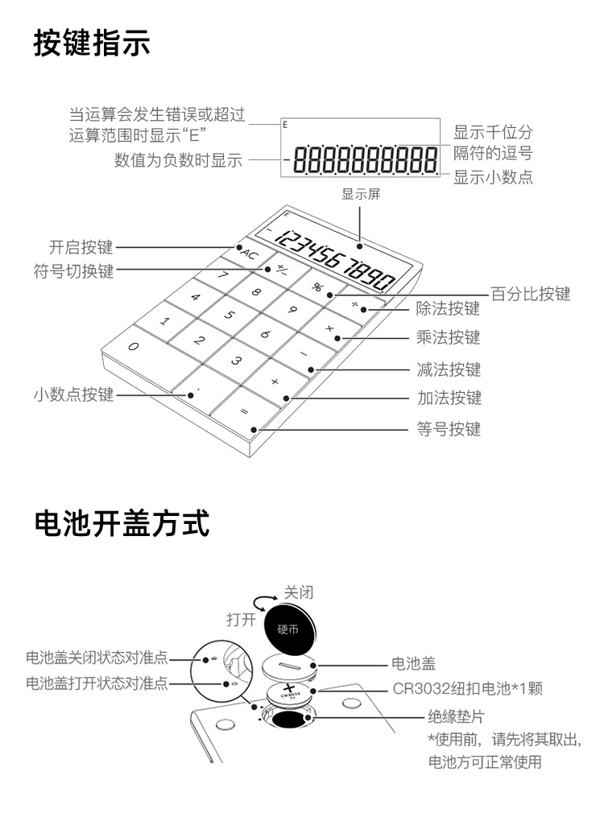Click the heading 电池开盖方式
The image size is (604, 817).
(122, 523)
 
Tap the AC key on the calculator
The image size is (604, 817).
(250, 254)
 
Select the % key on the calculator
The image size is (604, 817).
(318, 287)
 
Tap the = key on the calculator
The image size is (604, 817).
(244, 411)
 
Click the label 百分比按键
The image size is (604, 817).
(531, 294)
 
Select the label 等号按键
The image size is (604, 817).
(449, 430)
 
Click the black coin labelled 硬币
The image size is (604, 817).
(287, 628)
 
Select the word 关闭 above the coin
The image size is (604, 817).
(299, 592)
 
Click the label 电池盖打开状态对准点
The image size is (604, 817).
(97, 683)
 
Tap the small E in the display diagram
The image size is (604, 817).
(284, 126)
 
